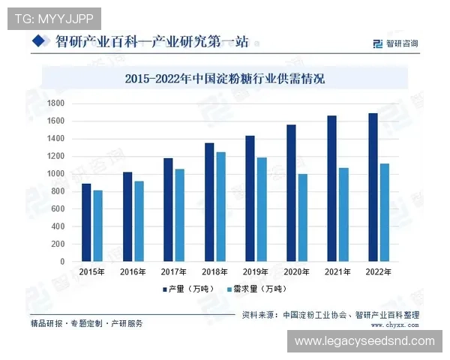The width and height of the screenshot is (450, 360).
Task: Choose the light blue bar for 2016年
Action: point(139,221)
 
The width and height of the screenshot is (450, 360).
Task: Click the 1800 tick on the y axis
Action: point(55,103)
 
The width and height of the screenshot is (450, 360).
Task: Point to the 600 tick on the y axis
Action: point(58,209)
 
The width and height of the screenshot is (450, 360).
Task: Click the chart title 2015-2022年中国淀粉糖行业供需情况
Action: point(224,78)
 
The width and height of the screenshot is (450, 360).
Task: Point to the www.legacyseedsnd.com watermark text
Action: point(364,341)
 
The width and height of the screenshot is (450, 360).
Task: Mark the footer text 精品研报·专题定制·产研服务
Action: point(86,323)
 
